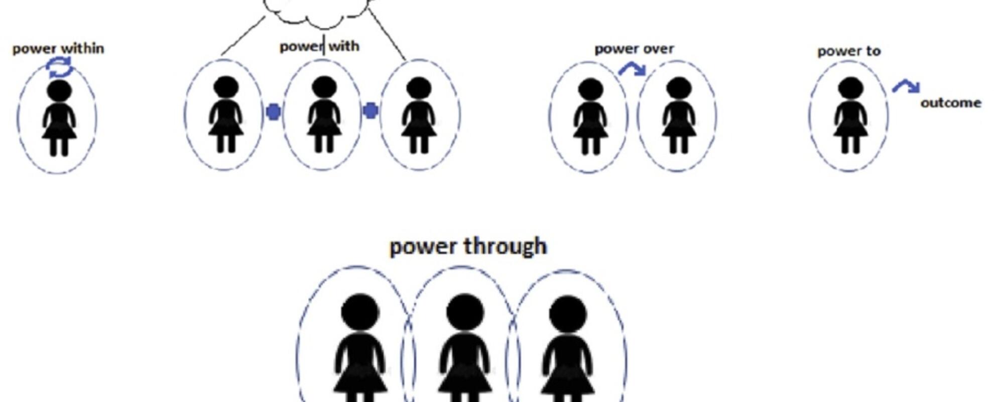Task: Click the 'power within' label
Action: [58, 49]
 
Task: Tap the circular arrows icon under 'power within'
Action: [60, 67]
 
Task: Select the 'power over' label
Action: [634, 49]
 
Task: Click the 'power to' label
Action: [849, 51]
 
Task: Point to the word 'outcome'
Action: [951, 103]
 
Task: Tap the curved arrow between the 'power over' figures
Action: [633, 69]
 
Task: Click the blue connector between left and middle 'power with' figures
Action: [273, 112]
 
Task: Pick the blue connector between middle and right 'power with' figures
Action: [370, 111]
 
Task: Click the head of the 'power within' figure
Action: [59, 91]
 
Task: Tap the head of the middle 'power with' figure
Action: [324, 87]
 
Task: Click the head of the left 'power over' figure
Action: [590, 89]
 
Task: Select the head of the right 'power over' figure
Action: [679, 88]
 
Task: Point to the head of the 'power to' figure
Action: [850, 88]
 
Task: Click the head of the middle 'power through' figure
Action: [465, 312]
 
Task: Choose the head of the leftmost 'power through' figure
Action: [360, 312]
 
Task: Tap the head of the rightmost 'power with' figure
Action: [419, 88]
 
